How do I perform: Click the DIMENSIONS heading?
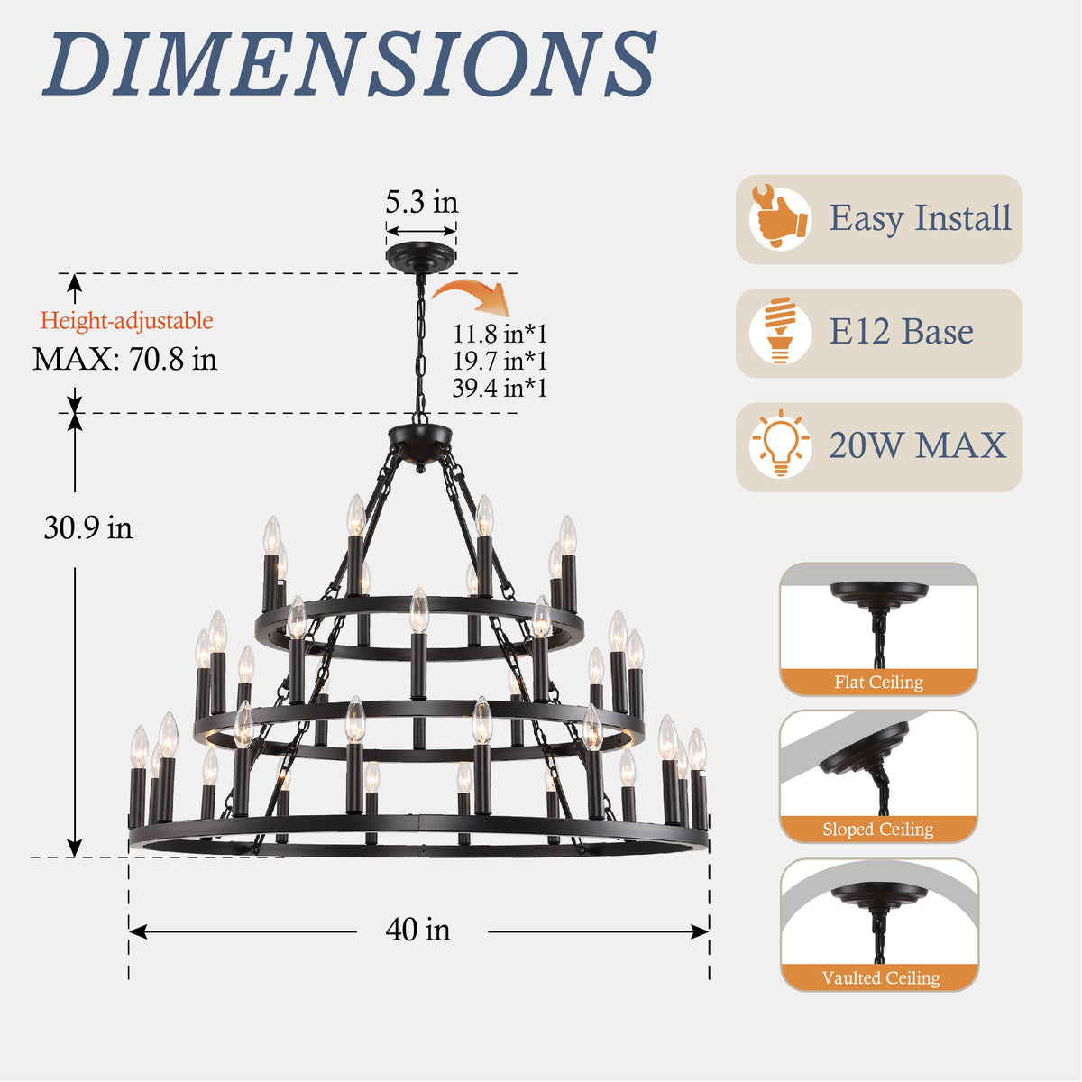(x=349, y=63)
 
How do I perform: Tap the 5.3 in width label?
(x=421, y=202)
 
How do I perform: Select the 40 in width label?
(x=417, y=930)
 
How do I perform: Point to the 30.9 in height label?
(x=88, y=527)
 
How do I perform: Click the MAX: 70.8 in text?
(x=124, y=359)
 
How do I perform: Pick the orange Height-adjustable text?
(x=126, y=321)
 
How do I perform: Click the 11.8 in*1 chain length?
(x=500, y=334)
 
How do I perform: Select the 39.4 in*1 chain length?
(x=500, y=388)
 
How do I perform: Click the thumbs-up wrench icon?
(x=779, y=218)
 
